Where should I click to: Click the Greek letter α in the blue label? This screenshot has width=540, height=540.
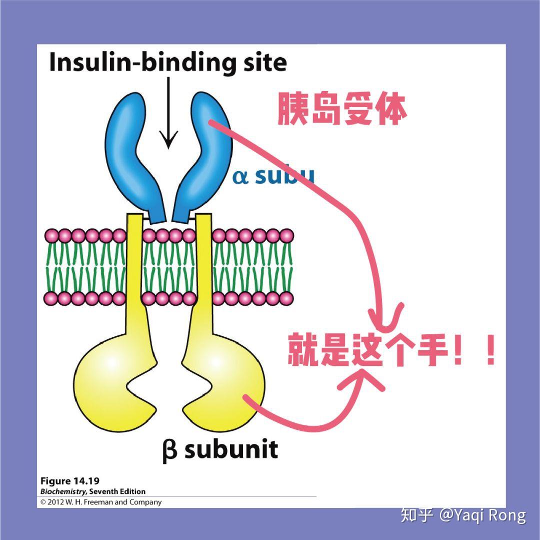tap(240, 177)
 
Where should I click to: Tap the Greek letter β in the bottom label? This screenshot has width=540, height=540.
tap(170, 450)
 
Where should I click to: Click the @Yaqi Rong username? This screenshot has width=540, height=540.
tap(482, 515)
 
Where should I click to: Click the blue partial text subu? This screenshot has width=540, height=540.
tap(285, 177)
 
